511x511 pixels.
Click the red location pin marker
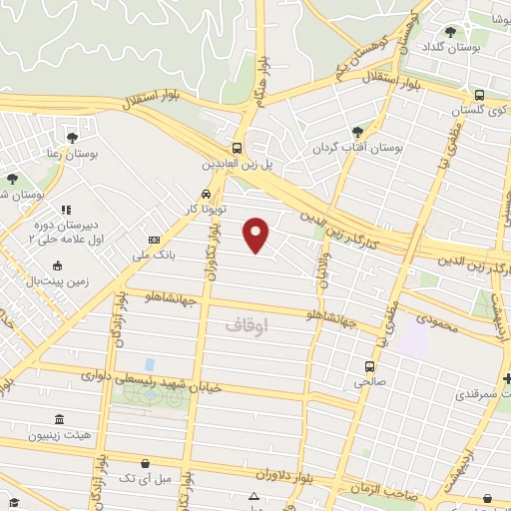coord(257,234)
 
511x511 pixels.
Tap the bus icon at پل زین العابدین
coord(238,145)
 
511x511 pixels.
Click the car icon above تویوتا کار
coord(205,193)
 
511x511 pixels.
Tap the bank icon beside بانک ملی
coord(154,240)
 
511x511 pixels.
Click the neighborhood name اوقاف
coord(247,325)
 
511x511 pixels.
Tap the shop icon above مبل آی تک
coord(146,463)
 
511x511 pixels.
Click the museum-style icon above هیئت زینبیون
coord(59,419)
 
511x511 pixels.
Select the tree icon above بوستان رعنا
coord(72,137)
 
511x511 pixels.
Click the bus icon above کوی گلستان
coord(479,95)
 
